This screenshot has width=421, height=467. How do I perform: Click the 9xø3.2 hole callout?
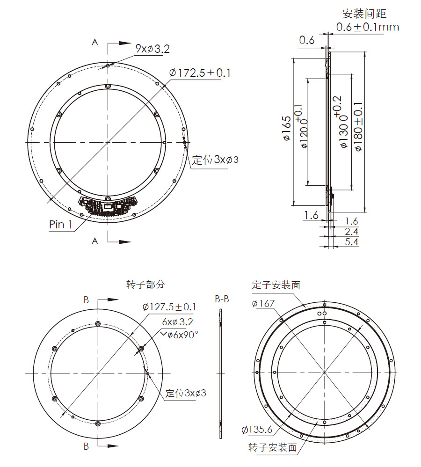152,49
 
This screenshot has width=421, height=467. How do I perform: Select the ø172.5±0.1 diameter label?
200,73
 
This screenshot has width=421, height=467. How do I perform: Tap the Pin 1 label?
61,225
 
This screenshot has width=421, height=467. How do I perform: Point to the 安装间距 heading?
364,14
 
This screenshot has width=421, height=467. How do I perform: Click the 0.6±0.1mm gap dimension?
368,27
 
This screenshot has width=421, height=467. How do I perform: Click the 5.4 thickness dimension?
351,242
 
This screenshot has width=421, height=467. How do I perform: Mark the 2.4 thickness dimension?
351,231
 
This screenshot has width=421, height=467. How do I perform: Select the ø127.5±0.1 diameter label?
169,307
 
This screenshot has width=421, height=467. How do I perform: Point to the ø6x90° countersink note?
180,334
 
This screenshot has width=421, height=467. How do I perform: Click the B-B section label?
222,299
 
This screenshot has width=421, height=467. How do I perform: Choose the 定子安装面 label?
276,285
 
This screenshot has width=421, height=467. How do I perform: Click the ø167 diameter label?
263,304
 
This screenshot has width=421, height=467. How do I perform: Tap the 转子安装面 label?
273,448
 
